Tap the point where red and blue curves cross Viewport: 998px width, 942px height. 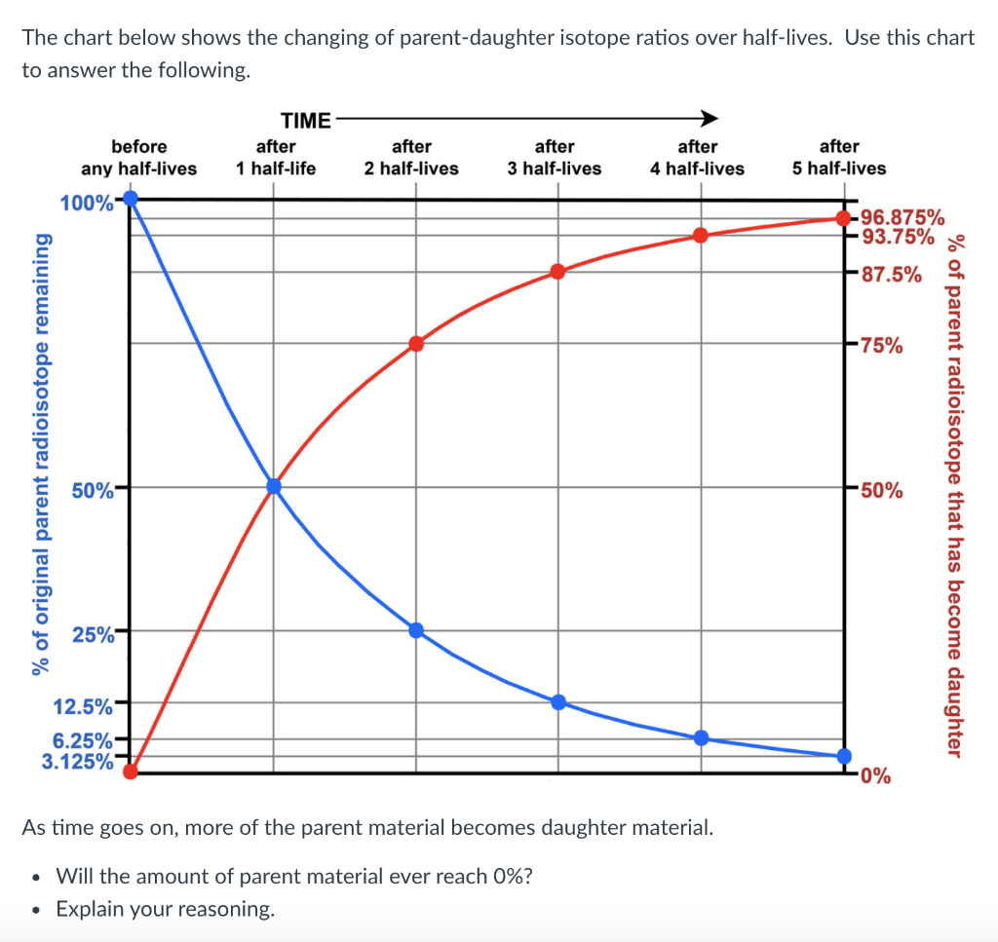coord(274,486)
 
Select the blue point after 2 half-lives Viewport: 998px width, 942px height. coord(416,630)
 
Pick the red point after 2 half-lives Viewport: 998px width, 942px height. coord(416,343)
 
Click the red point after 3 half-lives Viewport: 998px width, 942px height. coord(557,271)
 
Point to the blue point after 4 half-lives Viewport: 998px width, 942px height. coord(701,737)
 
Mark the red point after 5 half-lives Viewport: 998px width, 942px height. coord(843,218)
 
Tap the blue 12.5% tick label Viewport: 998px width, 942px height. coord(87,702)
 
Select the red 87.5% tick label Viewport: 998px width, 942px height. coord(892,274)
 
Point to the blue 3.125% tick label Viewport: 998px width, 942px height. coord(77,760)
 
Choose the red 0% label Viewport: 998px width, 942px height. coord(875,776)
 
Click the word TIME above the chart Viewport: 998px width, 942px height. coord(305,121)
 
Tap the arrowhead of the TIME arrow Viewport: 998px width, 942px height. coord(710,119)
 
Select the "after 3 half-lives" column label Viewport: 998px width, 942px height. coord(555,157)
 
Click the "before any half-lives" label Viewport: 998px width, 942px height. coord(138,157)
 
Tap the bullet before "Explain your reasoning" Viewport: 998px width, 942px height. coord(36,910)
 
